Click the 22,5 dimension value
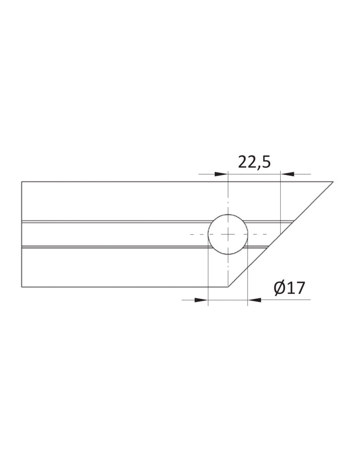point(254,162)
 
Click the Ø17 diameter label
point(289,288)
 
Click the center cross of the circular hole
point(228,234)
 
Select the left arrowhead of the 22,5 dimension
point(221,174)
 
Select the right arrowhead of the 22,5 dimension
point(287,174)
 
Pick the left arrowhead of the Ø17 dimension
point(201,300)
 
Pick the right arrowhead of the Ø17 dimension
point(254,300)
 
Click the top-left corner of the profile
point(22,182)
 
